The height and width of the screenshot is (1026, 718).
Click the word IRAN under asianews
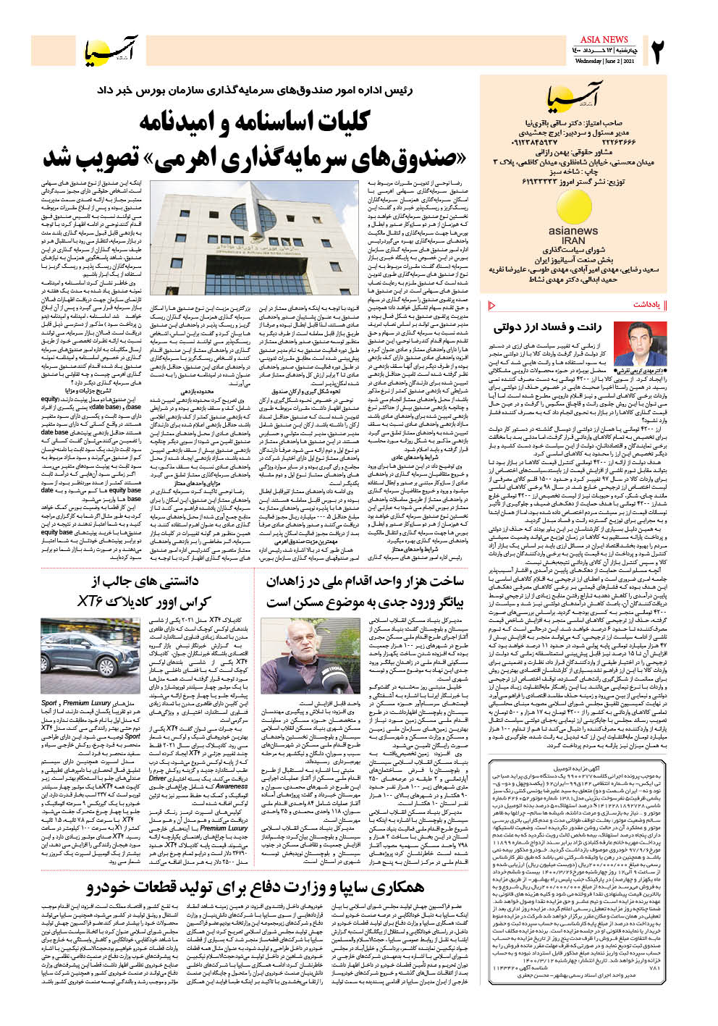[x=573, y=240]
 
